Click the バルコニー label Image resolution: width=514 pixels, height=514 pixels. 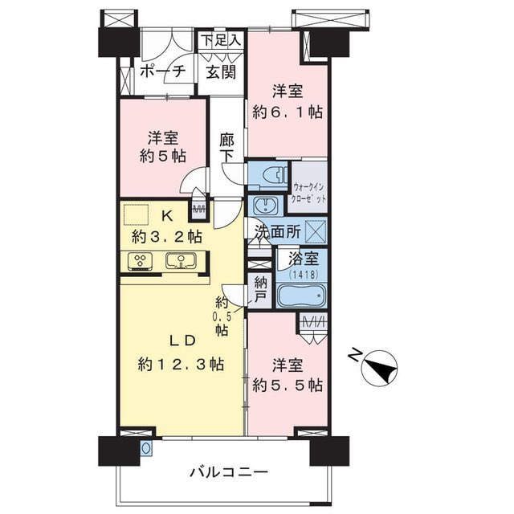pyautogui.click(x=229, y=472)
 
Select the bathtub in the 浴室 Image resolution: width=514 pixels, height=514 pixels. pyautogui.click(x=302, y=296)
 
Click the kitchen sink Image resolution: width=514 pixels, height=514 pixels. pyautogui.click(x=181, y=261)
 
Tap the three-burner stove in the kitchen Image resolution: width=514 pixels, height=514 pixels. pyautogui.click(x=141, y=261)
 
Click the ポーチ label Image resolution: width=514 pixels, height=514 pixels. pyautogui.click(x=162, y=71)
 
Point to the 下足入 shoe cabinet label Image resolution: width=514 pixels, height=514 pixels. pyautogui.click(x=221, y=40)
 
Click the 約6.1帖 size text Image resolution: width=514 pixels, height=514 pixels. pyautogui.click(x=288, y=112)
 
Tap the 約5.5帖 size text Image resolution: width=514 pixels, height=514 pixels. pyautogui.click(x=288, y=385)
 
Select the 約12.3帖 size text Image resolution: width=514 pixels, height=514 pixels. pyautogui.click(x=181, y=364)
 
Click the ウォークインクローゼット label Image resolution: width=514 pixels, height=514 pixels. pyautogui.click(x=308, y=193)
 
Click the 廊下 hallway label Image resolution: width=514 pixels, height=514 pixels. pyautogui.click(x=226, y=148)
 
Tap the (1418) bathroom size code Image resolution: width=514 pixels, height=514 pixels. pyautogui.click(x=304, y=275)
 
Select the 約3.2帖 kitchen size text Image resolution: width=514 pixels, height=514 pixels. pyautogui.click(x=166, y=237)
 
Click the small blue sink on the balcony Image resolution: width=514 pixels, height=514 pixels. pyautogui.click(x=146, y=447)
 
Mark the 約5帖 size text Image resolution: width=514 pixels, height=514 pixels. pyautogui.click(x=163, y=156)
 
